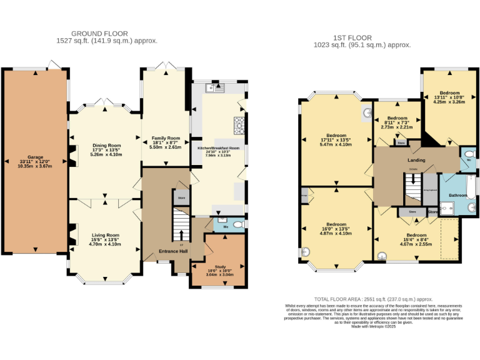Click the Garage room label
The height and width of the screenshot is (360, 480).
point(35,157)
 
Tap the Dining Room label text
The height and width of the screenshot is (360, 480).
point(106,145)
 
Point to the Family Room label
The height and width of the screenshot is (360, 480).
point(166,137)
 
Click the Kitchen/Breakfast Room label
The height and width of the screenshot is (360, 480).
point(219,148)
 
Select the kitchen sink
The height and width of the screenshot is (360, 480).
point(216,89)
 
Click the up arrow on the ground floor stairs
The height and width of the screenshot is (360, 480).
point(182,236)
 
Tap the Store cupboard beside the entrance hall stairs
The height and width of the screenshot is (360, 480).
point(182,197)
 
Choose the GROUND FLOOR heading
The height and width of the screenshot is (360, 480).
point(99,33)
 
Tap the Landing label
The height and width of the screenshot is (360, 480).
point(416,161)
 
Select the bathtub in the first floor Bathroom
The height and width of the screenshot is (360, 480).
point(469,186)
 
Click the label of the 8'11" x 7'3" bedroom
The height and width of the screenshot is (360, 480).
point(397,118)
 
